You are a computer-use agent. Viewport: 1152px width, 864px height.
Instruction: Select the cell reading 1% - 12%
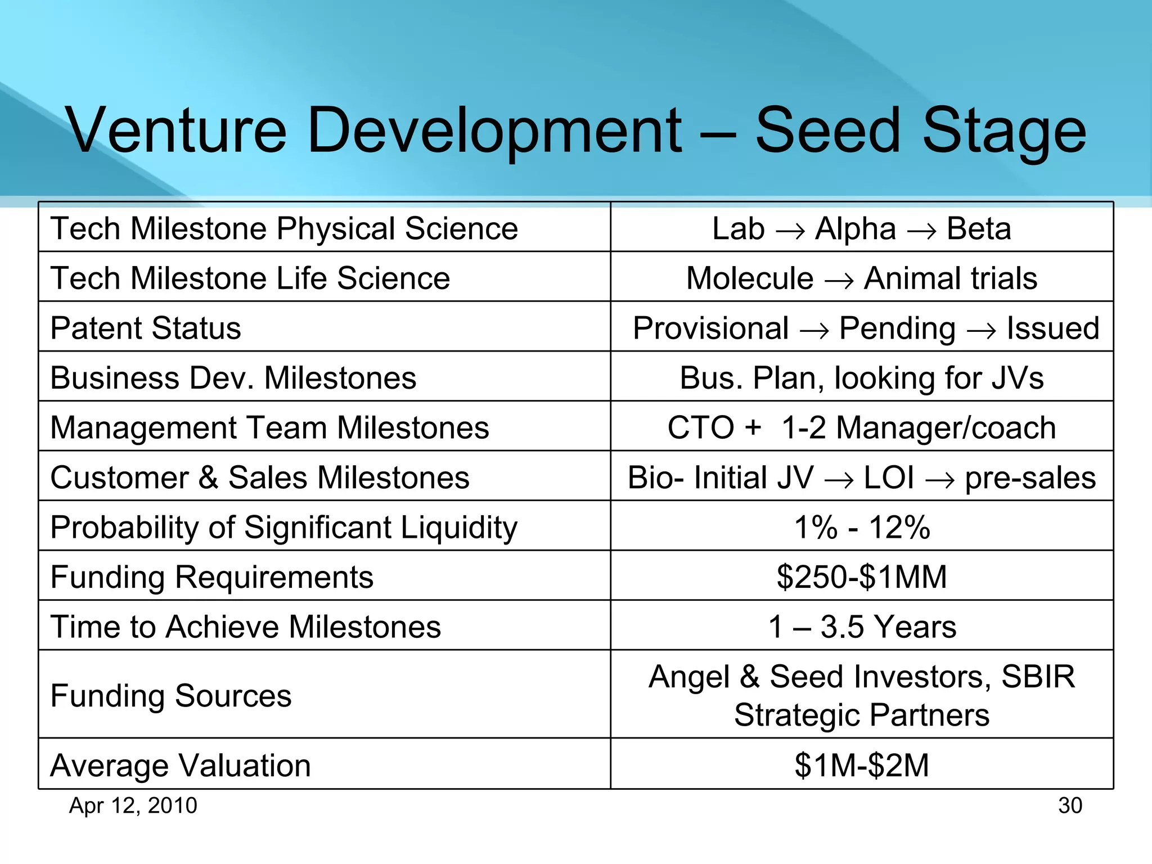click(x=862, y=527)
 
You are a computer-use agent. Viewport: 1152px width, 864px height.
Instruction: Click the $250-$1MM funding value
click(x=862, y=577)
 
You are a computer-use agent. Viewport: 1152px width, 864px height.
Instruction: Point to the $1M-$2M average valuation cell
click(x=862, y=766)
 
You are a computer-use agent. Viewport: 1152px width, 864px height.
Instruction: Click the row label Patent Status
click(x=146, y=328)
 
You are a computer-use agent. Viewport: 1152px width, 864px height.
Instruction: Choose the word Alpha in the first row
click(x=856, y=229)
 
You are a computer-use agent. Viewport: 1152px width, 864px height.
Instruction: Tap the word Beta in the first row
click(x=979, y=229)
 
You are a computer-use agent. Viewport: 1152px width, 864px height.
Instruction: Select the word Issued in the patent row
click(x=1052, y=328)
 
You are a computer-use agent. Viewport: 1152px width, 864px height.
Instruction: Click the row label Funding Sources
click(x=171, y=696)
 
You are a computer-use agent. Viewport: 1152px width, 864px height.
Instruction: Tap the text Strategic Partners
click(x=862, y=715)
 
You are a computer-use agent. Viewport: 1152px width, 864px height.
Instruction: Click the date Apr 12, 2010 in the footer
click(x=133, y=805)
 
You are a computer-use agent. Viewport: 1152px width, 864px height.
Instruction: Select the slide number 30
click(x=1070, y=805)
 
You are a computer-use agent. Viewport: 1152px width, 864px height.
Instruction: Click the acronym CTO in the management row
click(x=700, y=427)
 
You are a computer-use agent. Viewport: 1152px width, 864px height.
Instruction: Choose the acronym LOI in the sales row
click(x=889, y=478)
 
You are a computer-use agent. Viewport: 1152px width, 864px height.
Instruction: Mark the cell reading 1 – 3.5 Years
click(x=862, y=627)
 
